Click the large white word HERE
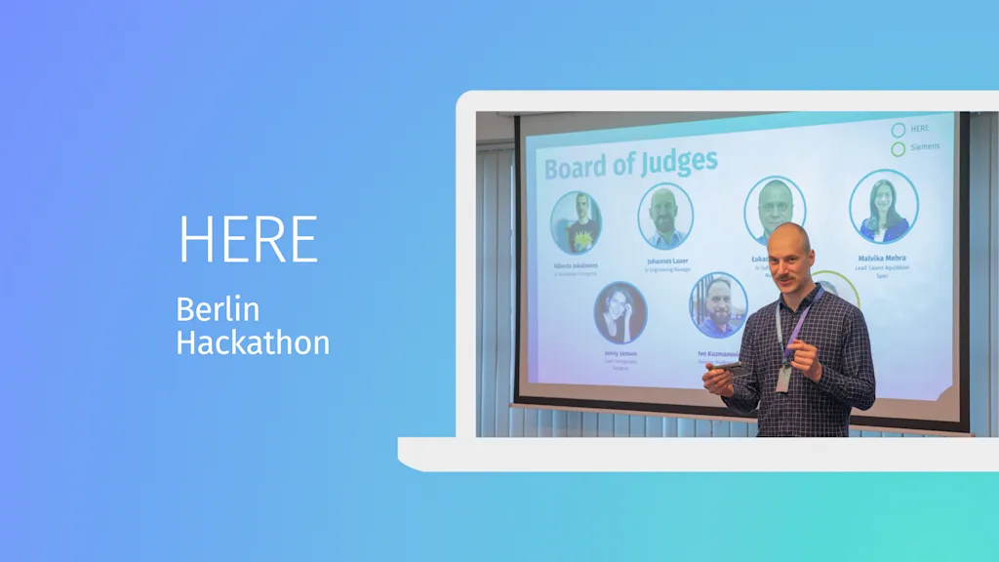(x=248, y=239)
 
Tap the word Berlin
(x=218, y=309)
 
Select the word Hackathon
(x=253, y=342)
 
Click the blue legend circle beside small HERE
(x=898, y=129)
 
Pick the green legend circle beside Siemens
(x=898, y=149)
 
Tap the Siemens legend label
(x=925, y=147)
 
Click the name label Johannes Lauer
(x=666, y=261)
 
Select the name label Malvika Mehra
(x=882, y=259)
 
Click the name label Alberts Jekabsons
(x=576, y=264)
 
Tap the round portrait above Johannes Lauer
(x=665, y=216)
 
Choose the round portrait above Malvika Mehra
(x=883, y=206)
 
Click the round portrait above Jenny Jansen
(x=620, y=312)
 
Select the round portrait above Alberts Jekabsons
(x=576, y=222)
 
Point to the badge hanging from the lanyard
(x=782, y=379)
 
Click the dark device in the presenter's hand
(x=734, y=371)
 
